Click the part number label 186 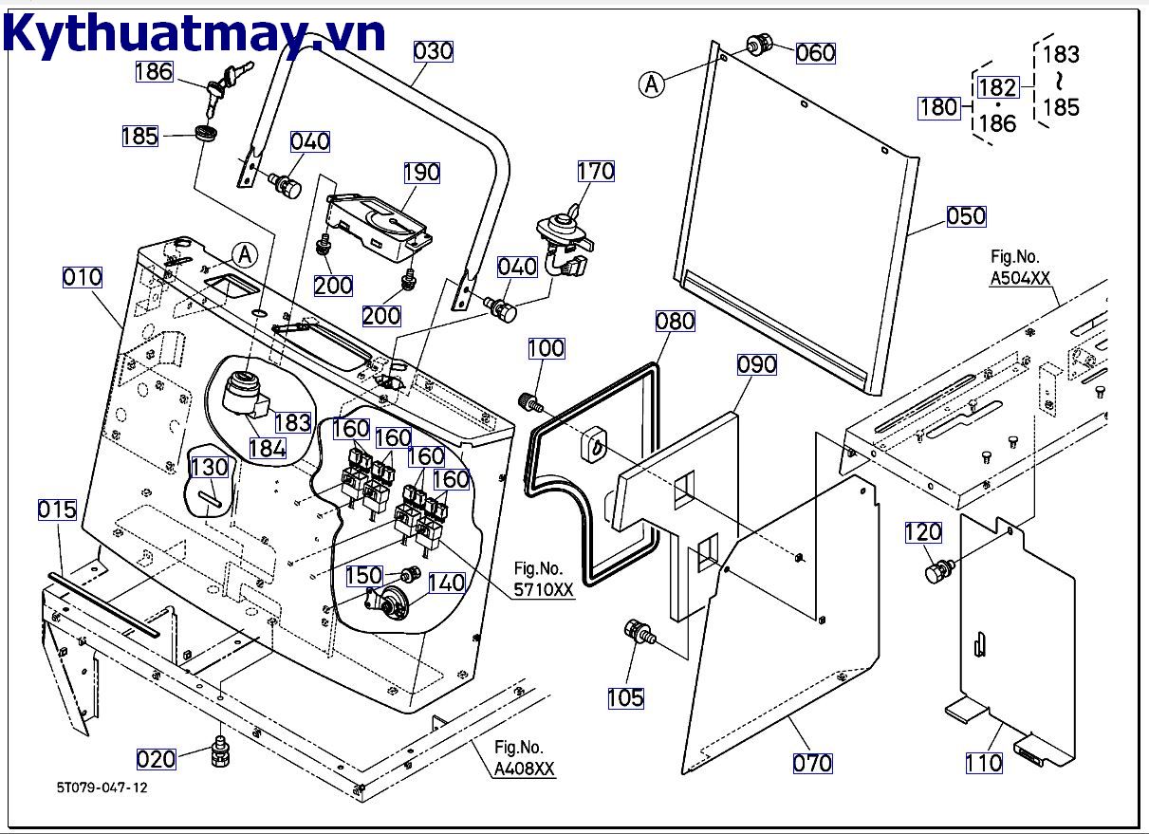click(154, 70)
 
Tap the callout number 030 click(434, 50)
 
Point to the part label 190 click(421, 172)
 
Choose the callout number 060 click(815, 53)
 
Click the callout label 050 click(966, 216)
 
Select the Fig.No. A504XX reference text click(1020, 268)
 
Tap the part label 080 click(675, 321)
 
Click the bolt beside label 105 click(637, 633)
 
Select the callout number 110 click(983, 762)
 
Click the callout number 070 click(812, 762)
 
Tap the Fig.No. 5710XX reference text click(544, 578)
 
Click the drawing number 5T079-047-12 click(102, 788)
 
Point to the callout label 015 click(57, 510)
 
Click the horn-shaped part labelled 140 click(390, 602)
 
